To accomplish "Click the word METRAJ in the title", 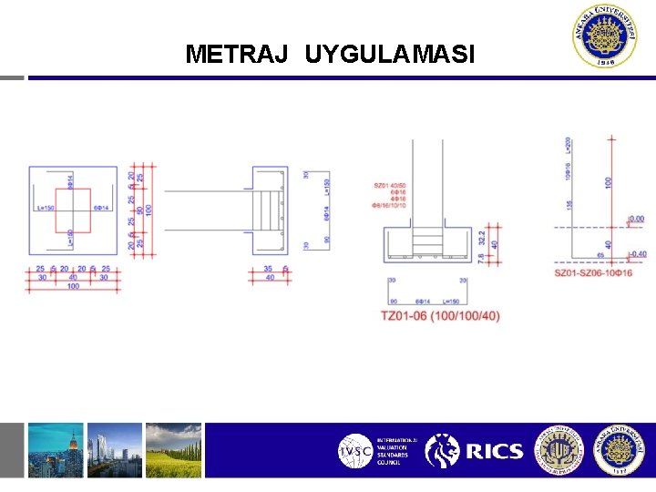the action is point(237,55).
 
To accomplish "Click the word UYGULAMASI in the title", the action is point(390,55).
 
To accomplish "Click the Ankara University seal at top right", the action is point(604,36).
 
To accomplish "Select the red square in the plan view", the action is point(73,210).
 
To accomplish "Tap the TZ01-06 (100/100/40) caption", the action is point(440,316).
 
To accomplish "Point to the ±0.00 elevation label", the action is point(636,219).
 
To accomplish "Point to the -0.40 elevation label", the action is point(637,254).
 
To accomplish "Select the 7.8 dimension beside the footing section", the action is point(481,259).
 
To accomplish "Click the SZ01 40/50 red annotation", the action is point(390,185).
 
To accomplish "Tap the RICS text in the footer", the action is point(494,451).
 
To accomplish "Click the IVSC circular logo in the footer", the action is point(354,451).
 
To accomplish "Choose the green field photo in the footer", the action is point(173,450).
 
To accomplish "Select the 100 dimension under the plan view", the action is point(72,287).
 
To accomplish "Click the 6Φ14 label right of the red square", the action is point(101,209).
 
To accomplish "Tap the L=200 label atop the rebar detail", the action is point(569,146).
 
